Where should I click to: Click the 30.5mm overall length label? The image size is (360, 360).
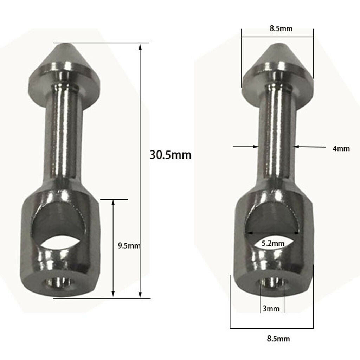pos(171,155)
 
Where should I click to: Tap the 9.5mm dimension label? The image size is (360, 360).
pos(129,246)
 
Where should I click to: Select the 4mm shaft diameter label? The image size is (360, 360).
pos(341,149)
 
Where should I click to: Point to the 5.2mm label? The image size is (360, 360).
pos(273,243)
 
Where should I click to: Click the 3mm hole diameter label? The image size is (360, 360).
pos(271,309)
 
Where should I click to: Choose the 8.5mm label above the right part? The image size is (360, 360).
pos(281,28)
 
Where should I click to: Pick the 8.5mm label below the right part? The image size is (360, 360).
pos(278,339)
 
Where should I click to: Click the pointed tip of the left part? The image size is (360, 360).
pos(64,45)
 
